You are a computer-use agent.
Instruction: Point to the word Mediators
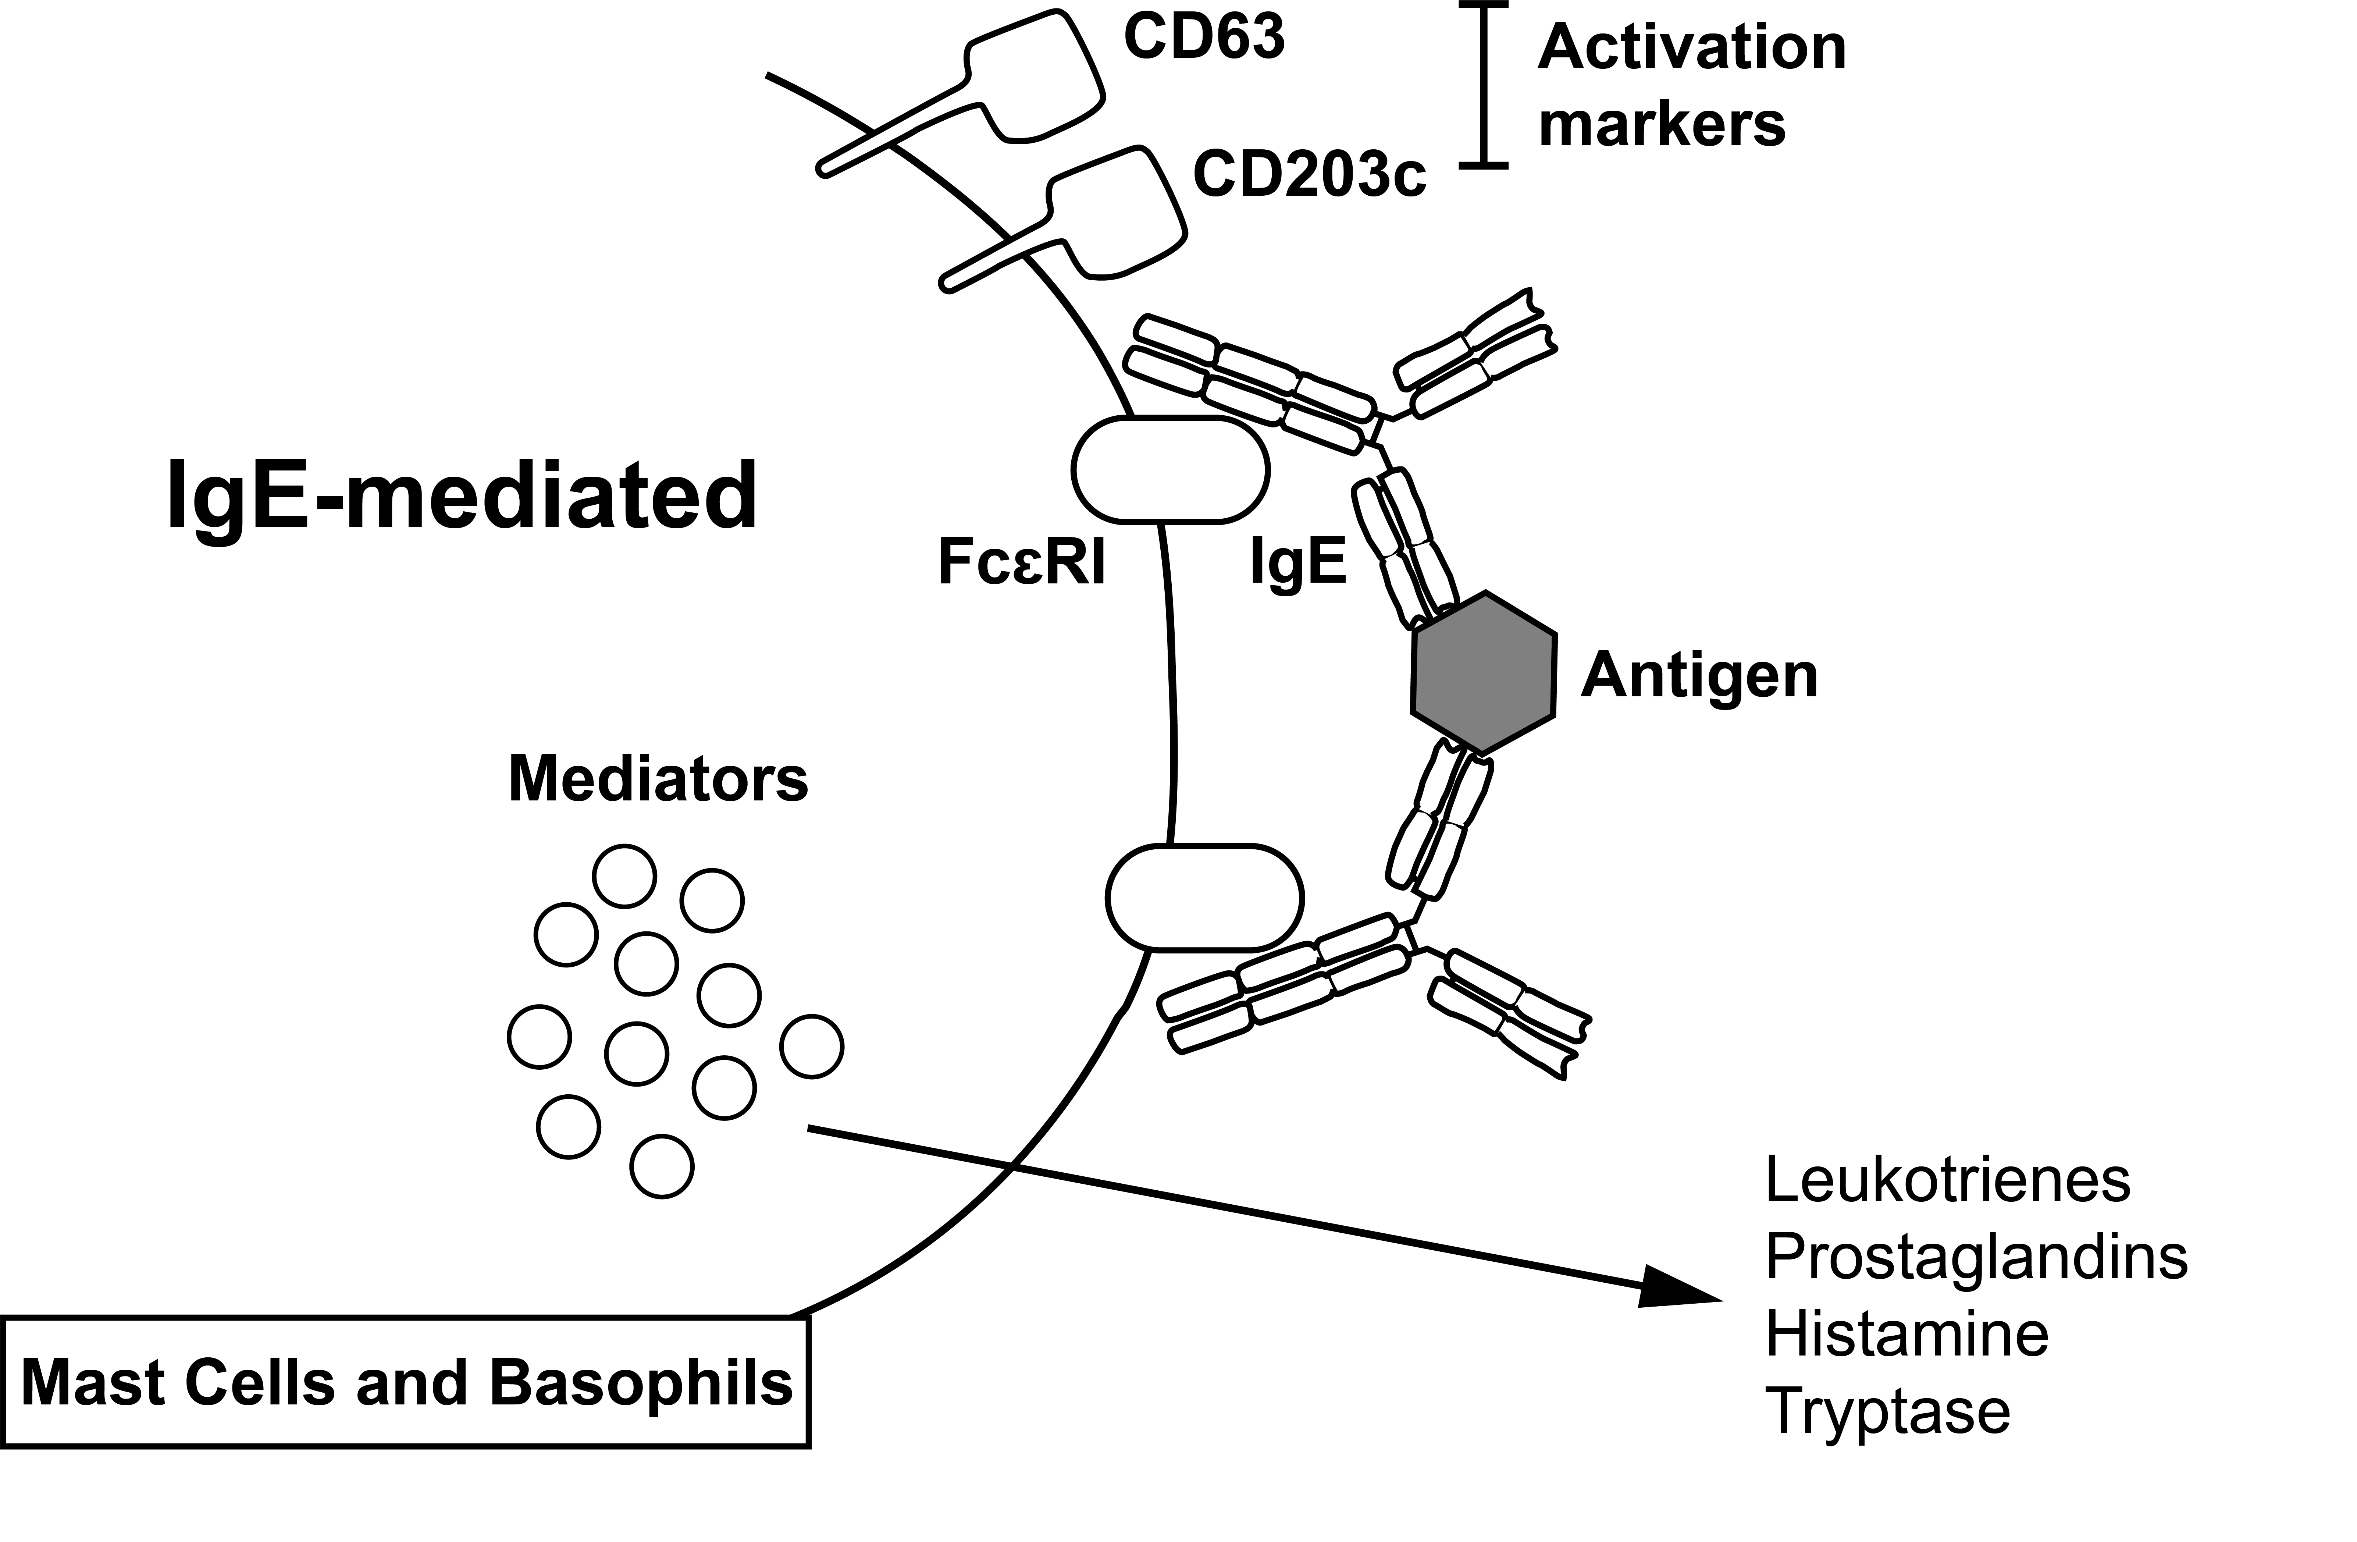658,779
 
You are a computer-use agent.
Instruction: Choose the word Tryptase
1887,1410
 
